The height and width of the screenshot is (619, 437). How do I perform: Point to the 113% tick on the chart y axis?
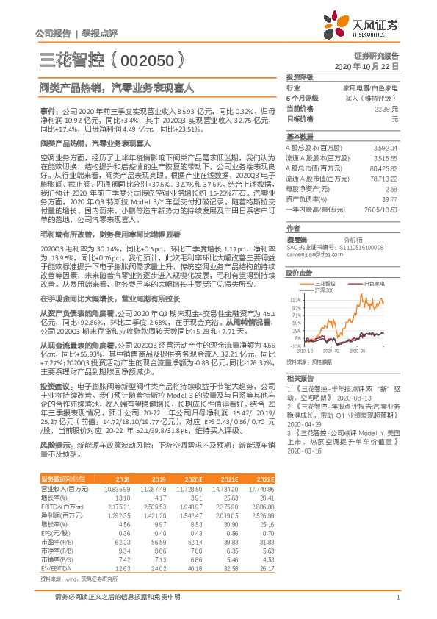[x=297, y=301]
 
